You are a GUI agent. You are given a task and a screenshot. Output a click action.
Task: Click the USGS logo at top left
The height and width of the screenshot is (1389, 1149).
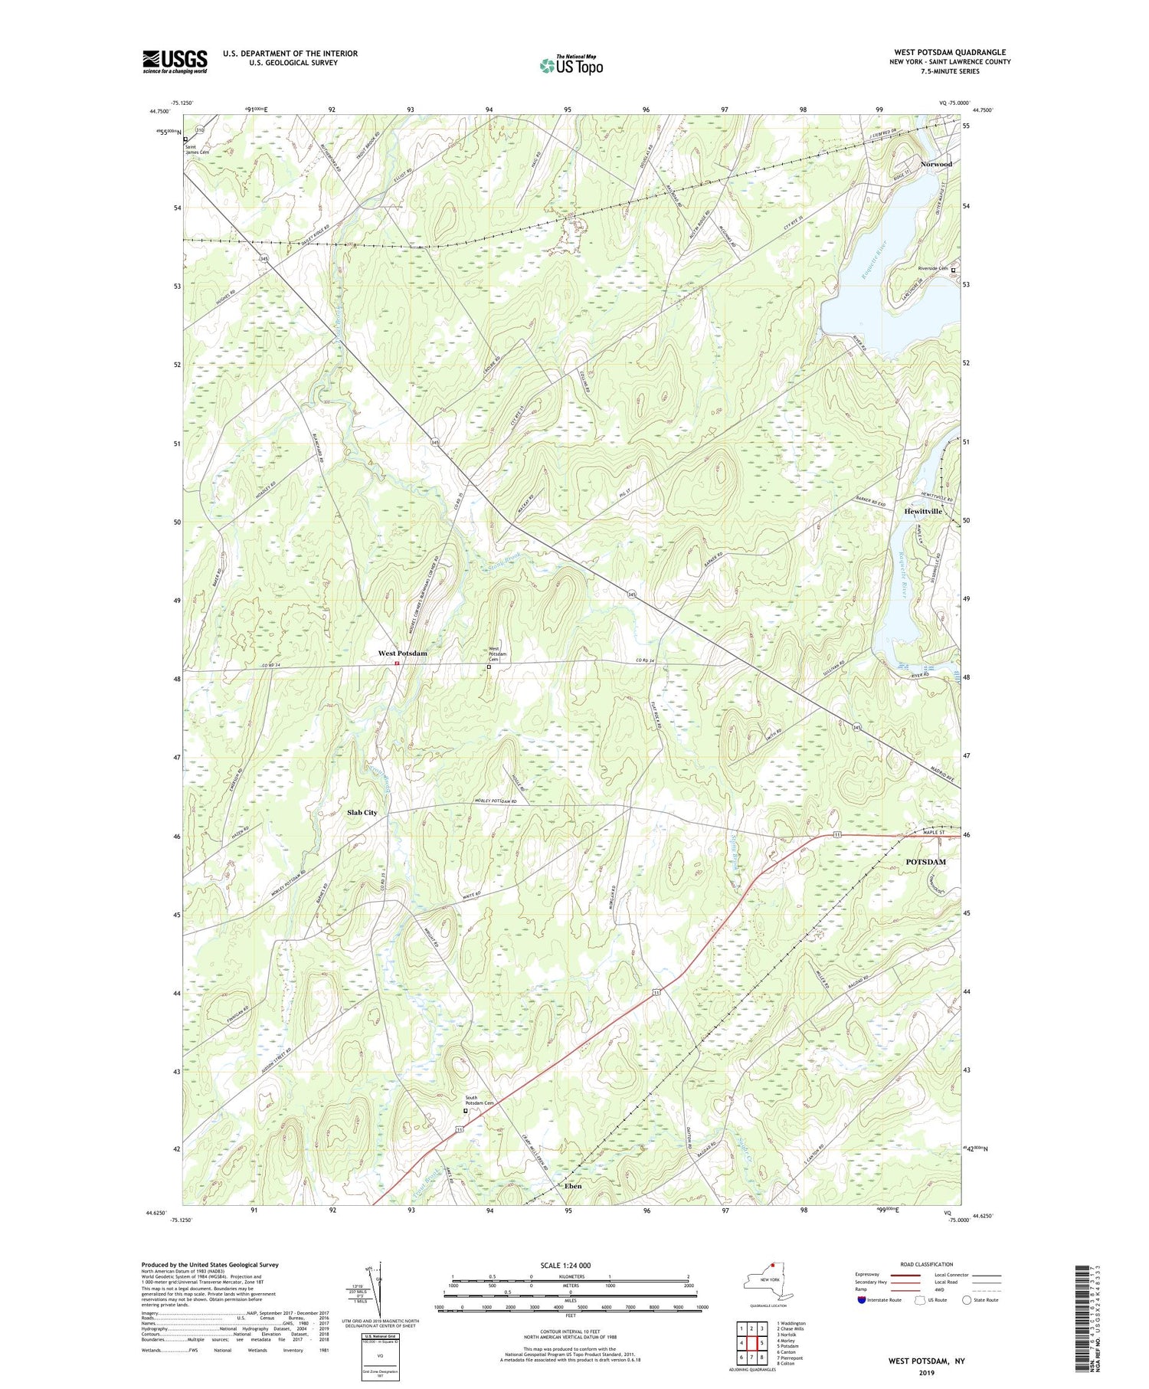click(175, 61)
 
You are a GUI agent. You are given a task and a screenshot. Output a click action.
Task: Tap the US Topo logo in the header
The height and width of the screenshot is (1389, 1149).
click(571, 66)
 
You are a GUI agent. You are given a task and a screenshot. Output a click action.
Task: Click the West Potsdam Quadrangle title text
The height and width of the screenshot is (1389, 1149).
click(950, 52)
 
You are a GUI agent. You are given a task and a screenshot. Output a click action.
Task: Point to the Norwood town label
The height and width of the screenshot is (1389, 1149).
click(936, 164)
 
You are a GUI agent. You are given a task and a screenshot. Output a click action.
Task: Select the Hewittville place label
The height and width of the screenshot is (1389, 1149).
click(923, 511)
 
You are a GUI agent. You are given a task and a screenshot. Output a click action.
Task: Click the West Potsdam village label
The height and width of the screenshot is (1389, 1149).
click(402, 654)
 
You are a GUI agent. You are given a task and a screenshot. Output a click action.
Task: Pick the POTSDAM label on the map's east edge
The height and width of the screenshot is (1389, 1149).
click(925, 862)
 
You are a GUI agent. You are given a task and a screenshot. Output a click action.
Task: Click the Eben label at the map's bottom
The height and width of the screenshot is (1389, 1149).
click(572, 1186)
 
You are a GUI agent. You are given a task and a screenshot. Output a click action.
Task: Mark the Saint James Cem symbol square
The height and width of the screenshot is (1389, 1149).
click(185, 139)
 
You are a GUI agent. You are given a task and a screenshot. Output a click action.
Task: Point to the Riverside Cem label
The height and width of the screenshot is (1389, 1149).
click(932, 269)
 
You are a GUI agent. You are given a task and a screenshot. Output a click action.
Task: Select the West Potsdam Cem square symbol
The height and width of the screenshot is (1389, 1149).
click(489, 667)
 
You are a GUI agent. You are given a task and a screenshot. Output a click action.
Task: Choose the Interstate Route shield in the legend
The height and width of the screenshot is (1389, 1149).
click(862, 1300)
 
